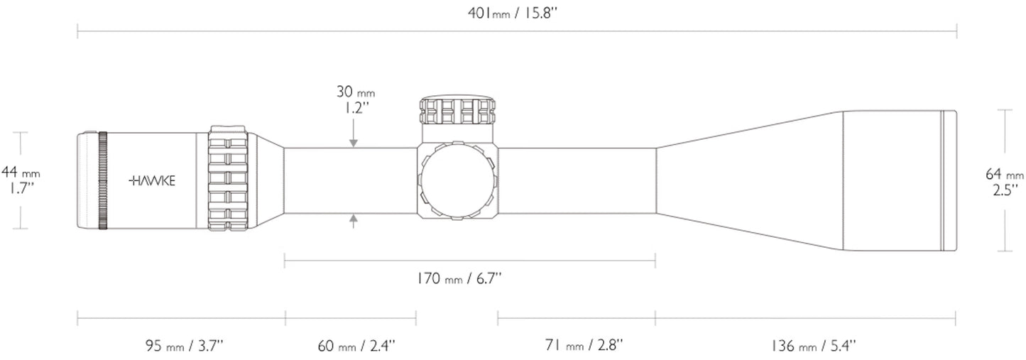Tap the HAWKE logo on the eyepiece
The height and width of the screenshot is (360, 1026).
[152, 180]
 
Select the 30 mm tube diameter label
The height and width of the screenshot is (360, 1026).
[355, 92]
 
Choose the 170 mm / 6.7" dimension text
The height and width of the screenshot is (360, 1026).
[459, 278]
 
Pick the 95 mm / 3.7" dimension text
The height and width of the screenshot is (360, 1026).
[184, 346]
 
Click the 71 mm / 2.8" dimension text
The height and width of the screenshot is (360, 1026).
[585, 346]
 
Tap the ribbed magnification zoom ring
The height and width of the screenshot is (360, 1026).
[228, 180]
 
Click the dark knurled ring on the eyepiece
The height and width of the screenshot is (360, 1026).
[103, 180]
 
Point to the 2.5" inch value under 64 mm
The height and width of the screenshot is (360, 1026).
[1005, 189]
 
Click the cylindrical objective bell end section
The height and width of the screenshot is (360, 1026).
[898, 180]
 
